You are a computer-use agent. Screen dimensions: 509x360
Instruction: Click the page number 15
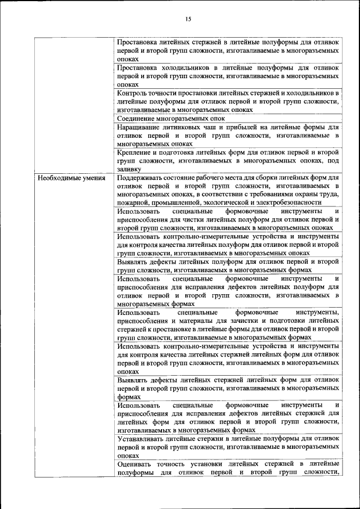(188, 19)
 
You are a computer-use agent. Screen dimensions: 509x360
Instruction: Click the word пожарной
(132, 202)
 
